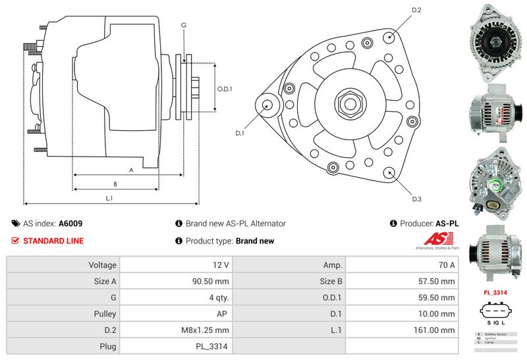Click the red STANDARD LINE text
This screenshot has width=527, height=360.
(x=53, y=241)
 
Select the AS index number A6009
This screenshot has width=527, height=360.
(x=70, y=224)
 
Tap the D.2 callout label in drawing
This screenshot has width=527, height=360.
(x=416, y=10)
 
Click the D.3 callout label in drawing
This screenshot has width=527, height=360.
(x=416, y=199)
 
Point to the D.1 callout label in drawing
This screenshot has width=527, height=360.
(x=240, y=134)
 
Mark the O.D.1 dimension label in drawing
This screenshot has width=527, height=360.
(x=225, y=89)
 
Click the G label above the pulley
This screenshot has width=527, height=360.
(x=184, y=24)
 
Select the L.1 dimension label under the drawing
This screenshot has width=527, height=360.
(x=109, y=198)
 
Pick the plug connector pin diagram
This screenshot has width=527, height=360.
(x=494, y=311)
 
